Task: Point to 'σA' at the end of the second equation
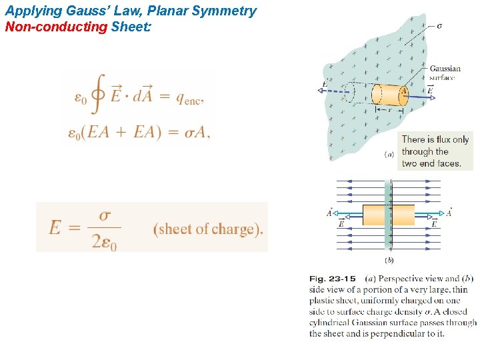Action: [195, 132]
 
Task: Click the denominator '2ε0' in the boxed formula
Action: [104, 243]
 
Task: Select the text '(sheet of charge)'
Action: [208, 229]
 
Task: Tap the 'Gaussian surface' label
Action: [445, 73]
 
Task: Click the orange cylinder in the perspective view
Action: [389, 95]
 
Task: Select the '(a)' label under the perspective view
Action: [389, 154]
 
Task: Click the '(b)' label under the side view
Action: [389, 260]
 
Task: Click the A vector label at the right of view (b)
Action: [449, 213]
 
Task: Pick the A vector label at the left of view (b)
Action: [330, 213]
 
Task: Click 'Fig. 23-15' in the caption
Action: [332, 279]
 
